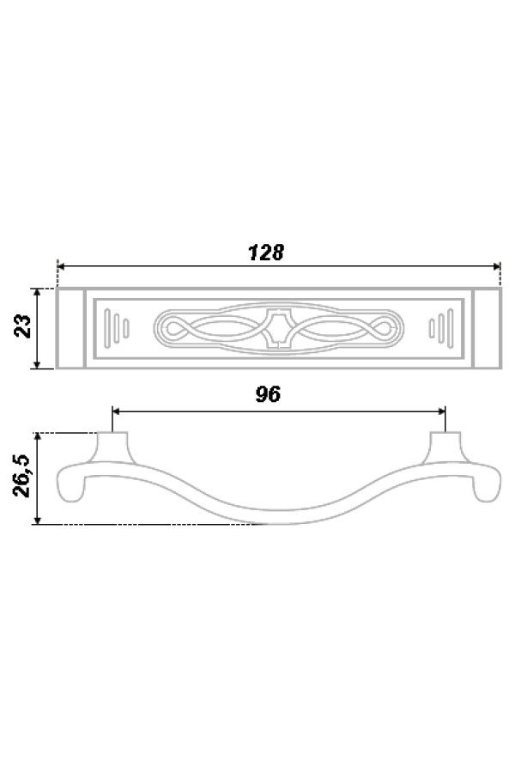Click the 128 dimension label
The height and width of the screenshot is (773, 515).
tap(265, 253)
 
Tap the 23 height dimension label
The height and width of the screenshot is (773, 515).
tap(23, 326)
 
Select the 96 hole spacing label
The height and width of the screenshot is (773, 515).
tap(268, 394)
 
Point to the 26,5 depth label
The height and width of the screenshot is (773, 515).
tap(22, 476)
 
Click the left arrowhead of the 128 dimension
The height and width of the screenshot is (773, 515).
tap(61, 266)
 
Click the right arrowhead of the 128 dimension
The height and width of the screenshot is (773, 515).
tap(496, 266)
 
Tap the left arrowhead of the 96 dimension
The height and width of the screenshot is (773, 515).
tap(117, 411)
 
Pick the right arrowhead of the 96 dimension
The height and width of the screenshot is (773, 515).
tap(441, 411)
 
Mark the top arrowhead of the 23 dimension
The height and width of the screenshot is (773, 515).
tap(37, 292)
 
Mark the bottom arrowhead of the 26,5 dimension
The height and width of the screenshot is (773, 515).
tap(37, 520)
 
